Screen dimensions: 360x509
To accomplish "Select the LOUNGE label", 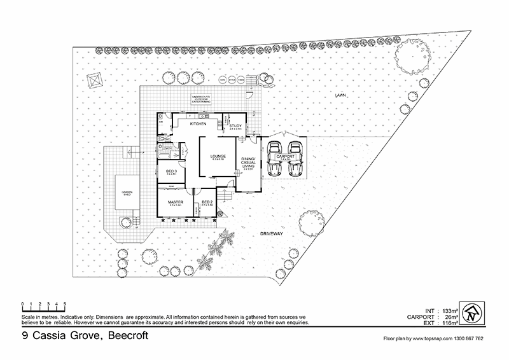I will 210,156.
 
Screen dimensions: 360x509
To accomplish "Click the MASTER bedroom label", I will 176,202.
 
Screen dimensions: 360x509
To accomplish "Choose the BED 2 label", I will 207,202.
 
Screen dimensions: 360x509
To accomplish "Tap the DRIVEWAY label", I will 272,234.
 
